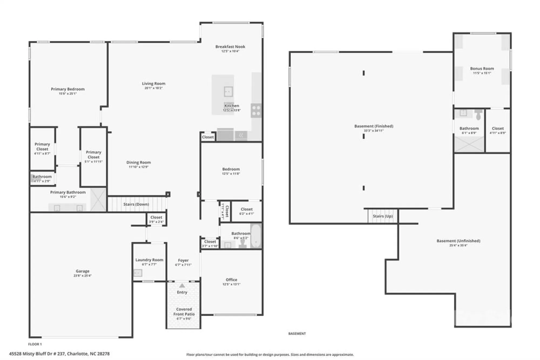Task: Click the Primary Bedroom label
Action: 67,89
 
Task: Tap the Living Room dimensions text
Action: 153,88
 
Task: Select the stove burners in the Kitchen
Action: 256,111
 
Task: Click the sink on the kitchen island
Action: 228,92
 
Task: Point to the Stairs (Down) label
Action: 136,204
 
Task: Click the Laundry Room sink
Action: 138,273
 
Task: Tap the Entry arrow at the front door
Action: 182,286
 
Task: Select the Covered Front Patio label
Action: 184,312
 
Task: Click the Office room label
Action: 231,280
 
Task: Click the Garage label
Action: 82,271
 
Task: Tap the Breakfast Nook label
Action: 230,47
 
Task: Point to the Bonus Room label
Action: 482,69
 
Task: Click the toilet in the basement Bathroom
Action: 478,115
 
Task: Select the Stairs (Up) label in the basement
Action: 383,216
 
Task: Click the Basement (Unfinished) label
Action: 458,241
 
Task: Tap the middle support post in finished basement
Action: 364,136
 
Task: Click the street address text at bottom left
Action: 59,354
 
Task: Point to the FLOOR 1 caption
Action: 35,344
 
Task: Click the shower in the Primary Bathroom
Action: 98,200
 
